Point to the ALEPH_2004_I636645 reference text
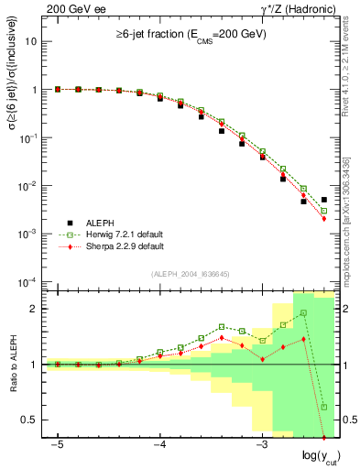[x=190, y=274]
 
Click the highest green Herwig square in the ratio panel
[x=303, y=313]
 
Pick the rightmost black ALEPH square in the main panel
[x=324, y=200]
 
